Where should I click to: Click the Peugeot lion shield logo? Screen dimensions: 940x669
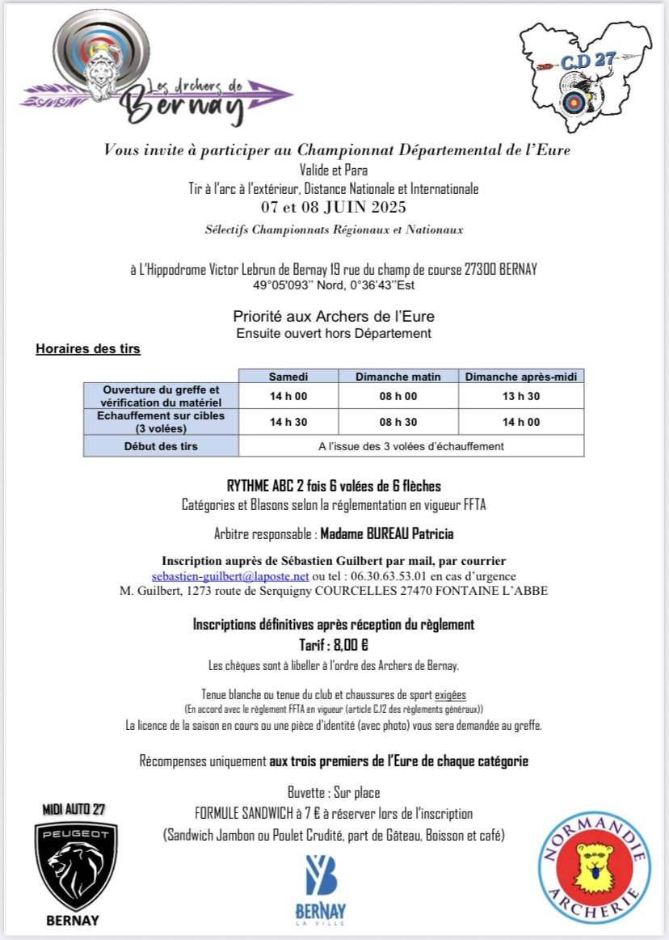point(76,866)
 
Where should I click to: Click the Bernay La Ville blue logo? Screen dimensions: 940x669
point(320,889)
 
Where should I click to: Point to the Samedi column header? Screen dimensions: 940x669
point(288,376)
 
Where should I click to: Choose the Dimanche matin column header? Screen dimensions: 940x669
point(398,376)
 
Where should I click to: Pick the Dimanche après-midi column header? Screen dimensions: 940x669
point(520,376)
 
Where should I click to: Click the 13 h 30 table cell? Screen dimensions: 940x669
point(520,396)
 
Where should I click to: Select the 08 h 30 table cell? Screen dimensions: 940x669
point(398,422)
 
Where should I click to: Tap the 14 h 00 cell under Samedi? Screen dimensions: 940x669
point(288,396)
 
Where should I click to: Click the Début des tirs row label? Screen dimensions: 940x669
point(161,446)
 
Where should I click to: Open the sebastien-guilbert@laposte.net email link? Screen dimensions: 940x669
point(230,576)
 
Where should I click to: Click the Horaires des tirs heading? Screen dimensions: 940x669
point(88,349)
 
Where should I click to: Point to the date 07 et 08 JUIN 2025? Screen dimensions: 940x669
point(334,207)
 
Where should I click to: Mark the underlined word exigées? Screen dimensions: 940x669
point(450,694)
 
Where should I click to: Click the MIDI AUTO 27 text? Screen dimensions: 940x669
point(74,809)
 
